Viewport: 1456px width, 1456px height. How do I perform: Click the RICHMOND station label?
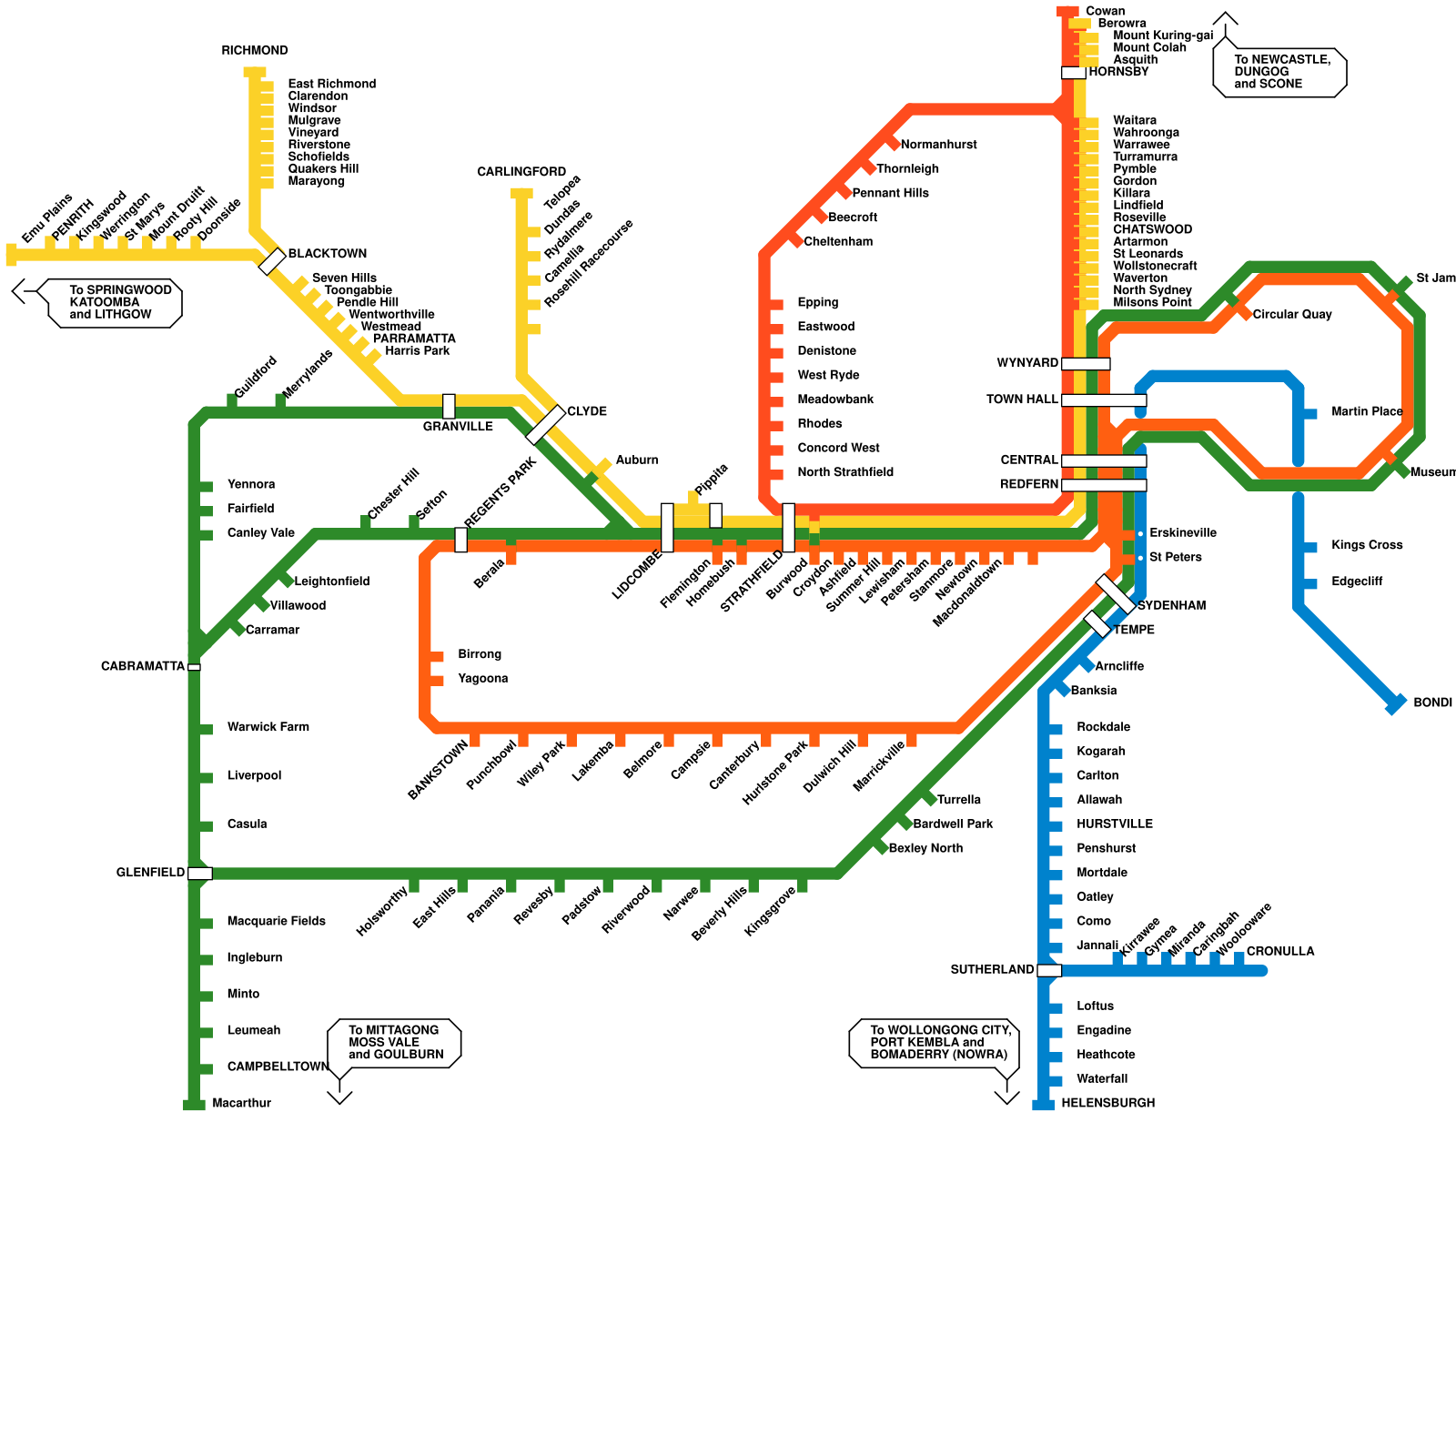click(255, 51)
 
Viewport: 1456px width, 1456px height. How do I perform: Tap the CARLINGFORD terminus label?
click(521, 172)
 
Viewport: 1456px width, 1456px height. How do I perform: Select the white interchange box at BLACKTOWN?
click(272, 261)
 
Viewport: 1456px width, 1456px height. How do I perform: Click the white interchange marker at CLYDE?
click(546, 424)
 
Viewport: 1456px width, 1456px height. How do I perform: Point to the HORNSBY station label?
click(1118, 72)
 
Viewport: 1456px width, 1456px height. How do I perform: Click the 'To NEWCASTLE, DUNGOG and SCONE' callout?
click(1280, 72)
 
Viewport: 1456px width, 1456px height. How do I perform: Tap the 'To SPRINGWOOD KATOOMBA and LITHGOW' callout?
click(116, 302)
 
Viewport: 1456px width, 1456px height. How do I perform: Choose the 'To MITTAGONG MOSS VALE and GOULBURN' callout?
click(395, 1043)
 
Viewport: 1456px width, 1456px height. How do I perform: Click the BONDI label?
click(1432, 703)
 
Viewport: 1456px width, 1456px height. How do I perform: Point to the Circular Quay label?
click(1291, 315)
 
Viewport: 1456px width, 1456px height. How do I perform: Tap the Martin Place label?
click(1366, 412)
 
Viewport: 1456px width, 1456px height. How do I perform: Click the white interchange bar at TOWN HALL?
click(1104, 400)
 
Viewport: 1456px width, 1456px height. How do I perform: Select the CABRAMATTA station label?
click(143, 666)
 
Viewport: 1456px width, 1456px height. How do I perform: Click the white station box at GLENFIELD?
click(200, 874)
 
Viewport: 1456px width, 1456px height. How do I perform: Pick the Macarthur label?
click(241, 1103)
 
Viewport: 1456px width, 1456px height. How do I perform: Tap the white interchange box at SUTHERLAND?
click(1049, 970)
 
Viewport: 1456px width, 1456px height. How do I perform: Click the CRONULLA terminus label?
click(1279, 952)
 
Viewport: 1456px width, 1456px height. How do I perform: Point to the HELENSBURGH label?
click(1107, 1103)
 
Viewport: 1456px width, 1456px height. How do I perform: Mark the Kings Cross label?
click(1366, 545)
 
